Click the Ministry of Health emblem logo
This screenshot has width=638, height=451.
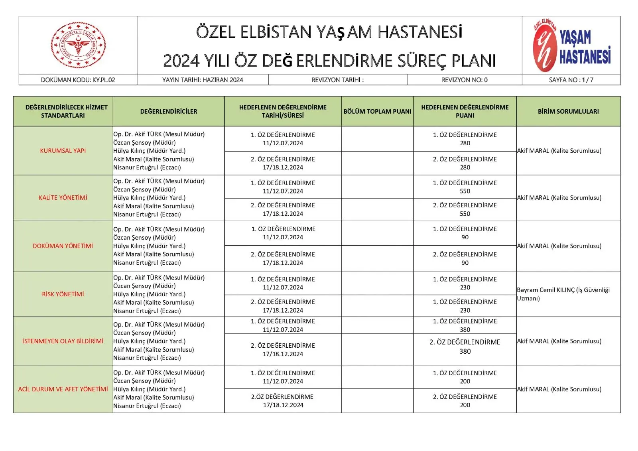click(78, 45)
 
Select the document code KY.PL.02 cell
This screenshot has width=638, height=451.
click(78, 80)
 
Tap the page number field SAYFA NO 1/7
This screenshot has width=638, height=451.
click(571, 80)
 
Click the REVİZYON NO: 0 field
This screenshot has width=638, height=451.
click(464, 80)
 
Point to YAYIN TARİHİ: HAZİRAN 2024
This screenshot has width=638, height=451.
click(203, 80)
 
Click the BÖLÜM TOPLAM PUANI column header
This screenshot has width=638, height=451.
click(377, 111)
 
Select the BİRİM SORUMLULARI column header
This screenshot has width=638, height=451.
click(568, 111)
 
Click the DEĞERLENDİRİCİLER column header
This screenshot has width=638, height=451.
click(169, 111)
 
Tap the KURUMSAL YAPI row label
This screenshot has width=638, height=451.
click(63, 151)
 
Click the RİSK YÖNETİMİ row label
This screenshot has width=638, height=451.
click(63, 294)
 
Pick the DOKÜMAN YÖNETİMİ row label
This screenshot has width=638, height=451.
click(63, 246)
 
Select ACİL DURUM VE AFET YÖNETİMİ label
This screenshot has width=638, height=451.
click(63, 389)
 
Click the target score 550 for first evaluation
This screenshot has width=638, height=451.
click(465, 191)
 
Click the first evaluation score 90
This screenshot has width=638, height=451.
click(465, 237)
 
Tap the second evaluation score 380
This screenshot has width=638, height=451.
click(465, 351)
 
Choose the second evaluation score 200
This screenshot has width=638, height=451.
click(465, 405)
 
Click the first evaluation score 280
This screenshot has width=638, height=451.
click(465, 143)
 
